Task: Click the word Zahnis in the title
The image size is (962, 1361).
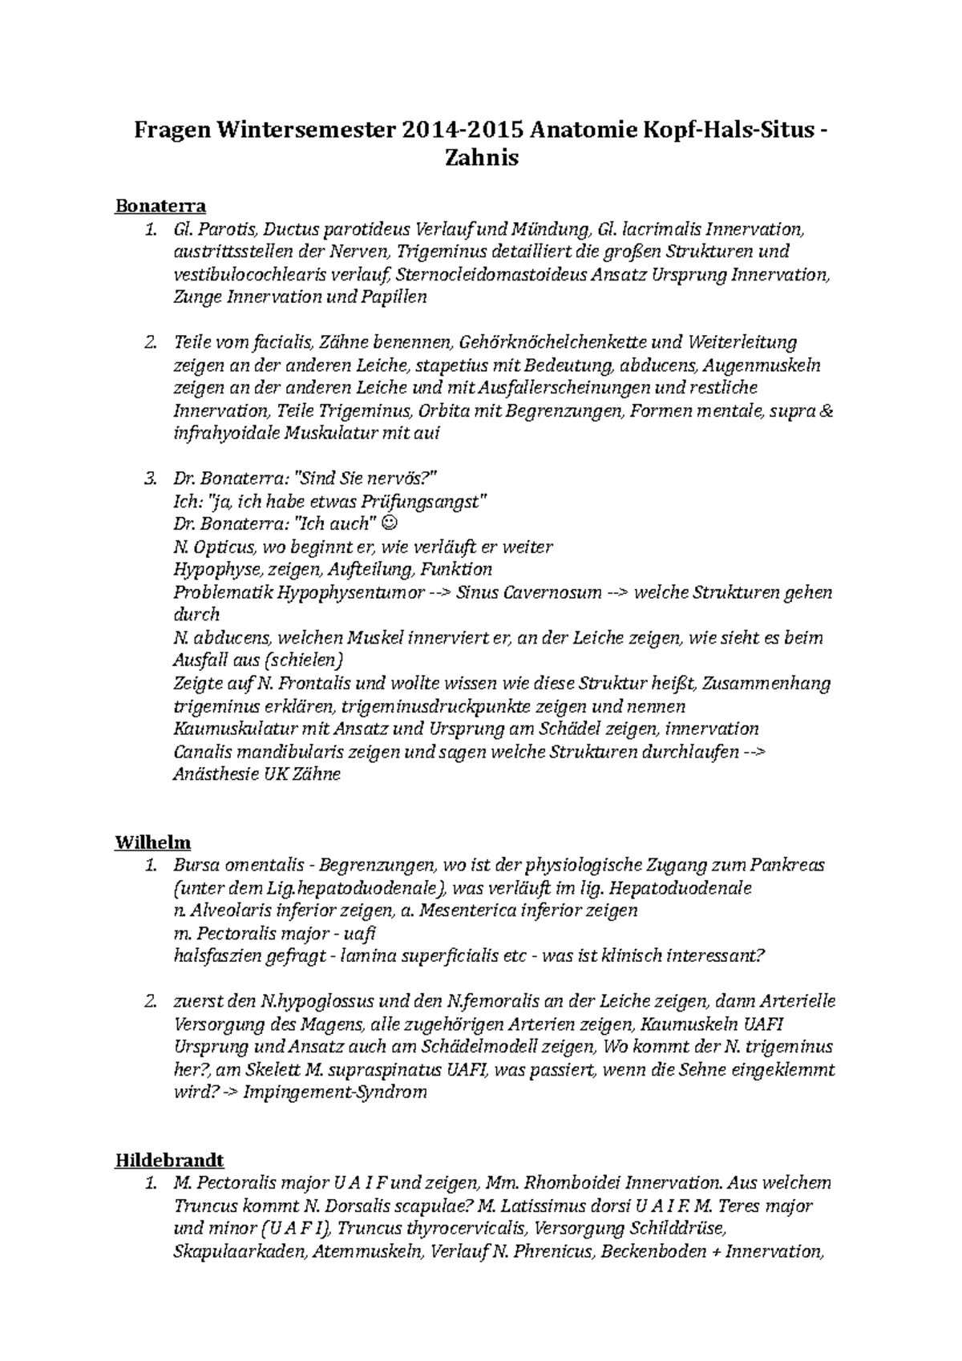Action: pos(481,158)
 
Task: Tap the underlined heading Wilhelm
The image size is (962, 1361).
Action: pos(153,842)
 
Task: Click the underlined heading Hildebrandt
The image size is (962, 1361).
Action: pos(169,1160)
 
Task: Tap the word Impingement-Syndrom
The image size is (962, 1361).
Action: pos(334,1092)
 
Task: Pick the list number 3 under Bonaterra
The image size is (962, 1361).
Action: pos(149,479)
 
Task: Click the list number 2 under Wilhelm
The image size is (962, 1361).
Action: pos(149,1001)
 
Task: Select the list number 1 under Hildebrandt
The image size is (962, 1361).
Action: pos(149,1183)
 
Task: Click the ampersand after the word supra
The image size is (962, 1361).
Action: pos(827,411)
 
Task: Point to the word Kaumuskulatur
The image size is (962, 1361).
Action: pos(232,729)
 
